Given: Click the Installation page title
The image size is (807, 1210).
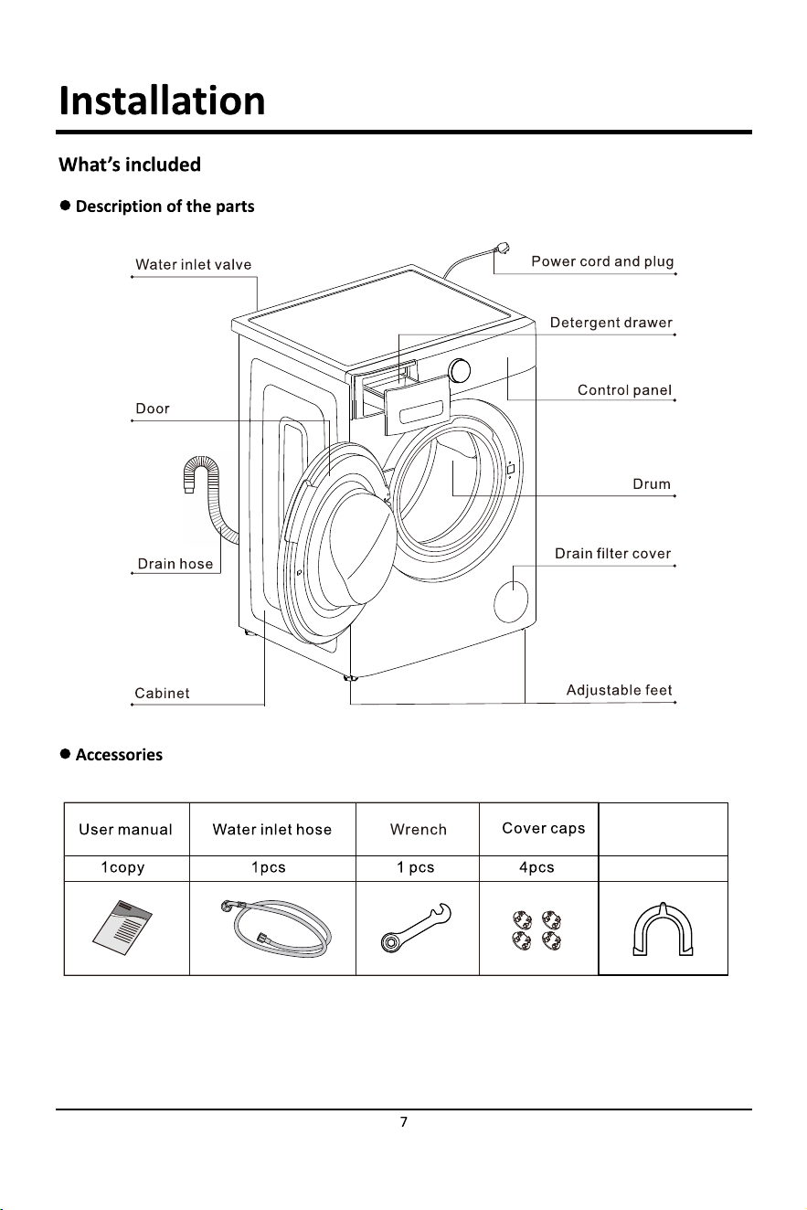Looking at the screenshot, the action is (x=162, y=101).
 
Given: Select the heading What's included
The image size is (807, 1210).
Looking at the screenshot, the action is (x=130, y=165).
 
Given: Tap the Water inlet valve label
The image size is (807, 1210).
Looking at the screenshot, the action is (x=194, y=265).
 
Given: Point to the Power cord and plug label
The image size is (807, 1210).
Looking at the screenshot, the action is (x=602, y=262).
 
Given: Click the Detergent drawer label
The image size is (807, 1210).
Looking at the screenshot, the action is (x=611, y=323).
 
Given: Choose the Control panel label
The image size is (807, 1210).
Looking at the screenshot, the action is (x=624, y=390).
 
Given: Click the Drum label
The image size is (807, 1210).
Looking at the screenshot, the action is (x=652, y=484).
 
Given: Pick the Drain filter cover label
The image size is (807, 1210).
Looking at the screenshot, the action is (x=612, y=554).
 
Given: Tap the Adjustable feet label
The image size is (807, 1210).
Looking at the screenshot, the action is (x=619, y=690).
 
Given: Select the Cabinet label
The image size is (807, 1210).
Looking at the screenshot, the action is (x=162, y=694).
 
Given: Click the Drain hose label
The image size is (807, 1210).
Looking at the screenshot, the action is (x=175, y=564).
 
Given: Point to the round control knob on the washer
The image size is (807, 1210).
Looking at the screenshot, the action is (x=460, y=371).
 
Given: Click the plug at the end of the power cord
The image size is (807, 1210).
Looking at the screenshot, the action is (x=502, y=249).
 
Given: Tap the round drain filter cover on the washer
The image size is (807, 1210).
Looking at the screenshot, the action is (x=511, y=601).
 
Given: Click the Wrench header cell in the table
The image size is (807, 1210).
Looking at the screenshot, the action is (x=418, y=830).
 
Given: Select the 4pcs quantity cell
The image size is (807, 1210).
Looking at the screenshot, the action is (x=536, y=867).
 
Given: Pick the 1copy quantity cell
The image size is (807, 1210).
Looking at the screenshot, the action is (x=122, y=867).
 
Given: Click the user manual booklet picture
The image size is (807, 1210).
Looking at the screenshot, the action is (x=122, y=927).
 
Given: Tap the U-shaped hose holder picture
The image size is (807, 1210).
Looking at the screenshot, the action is (x=663, y=929).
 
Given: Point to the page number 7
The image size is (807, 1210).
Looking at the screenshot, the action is (x=404, y=1122).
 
